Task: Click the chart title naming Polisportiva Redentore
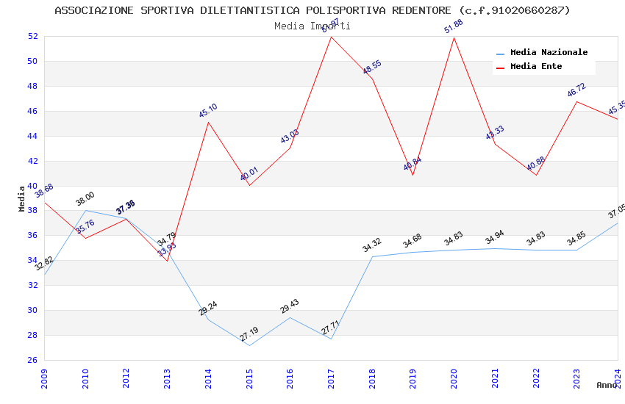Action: [312, 10]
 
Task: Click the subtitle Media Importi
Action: [312, 26]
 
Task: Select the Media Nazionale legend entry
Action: [549, 53]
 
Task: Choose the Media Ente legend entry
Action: [536, 67]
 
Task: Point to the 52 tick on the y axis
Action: [32, 36]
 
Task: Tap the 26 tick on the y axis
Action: [32, 360]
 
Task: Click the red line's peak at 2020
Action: [454, 37]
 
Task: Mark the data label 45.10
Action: [208, 111]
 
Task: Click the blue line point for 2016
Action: [290, 317]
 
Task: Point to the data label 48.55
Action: [372, 68]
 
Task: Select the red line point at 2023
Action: [576, 101]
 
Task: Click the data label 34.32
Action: [372, 245]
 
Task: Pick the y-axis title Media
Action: [22, 198]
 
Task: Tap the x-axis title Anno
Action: [607, 385]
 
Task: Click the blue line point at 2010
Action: [86, 210]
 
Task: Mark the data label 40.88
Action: [535, 164]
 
